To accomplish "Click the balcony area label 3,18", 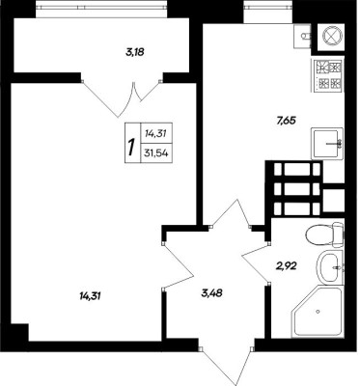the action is coord(134,52).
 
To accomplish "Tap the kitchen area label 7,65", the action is coord(286,121).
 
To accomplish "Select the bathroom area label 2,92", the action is coord(287,265).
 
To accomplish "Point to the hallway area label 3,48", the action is coord(212,293).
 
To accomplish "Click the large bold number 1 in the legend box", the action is coord(131,147).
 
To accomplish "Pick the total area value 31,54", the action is coord(156,153).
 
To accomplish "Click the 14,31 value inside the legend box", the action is coord(155,133).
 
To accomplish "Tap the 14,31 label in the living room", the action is coord(90,295).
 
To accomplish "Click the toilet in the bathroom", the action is coord(324,234).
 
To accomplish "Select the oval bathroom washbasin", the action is coord(330,267).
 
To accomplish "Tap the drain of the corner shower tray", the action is coord(318,312).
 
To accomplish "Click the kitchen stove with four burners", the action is coord(328,75).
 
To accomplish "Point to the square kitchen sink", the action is coord(327,144).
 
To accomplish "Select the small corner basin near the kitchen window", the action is coord(302,36).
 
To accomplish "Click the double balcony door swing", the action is coord(122,96).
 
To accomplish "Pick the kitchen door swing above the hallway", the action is coord(231,213).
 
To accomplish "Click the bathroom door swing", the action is coord(257,263).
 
